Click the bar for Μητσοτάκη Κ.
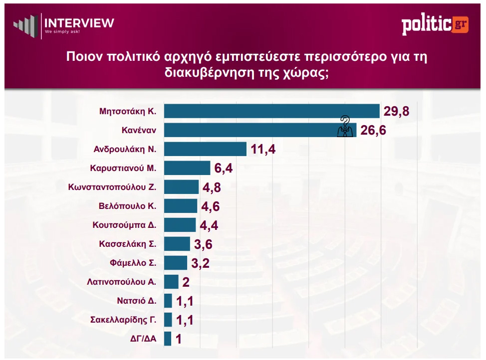tap(272, 111)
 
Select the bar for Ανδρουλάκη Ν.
tap(205, 149)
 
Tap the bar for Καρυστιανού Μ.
tap(187, 168)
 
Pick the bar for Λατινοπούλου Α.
tap(171, 282)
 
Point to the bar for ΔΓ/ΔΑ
tap(168, 339)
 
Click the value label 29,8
tap(396, 111)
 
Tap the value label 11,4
tap(262, 149)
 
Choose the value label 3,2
tap(199, 263)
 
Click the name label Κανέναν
tap(139, 131)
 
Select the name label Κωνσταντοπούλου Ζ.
tap(113, 187)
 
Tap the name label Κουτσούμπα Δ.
tap(125, 225)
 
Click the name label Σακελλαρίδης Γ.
tap(123, 320)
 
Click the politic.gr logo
tap(435, 25)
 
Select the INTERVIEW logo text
tap(79, 23)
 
